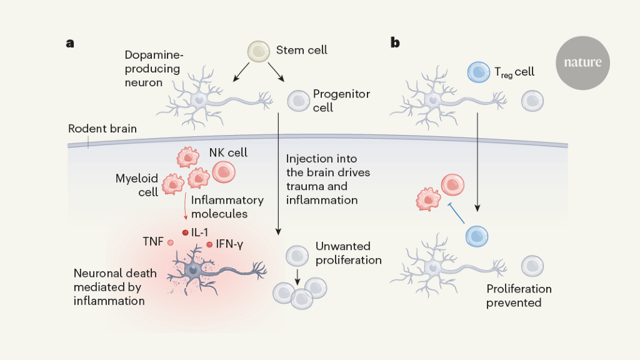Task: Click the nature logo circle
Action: click(582, 62)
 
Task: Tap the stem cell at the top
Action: click(259, 52)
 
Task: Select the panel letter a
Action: click(70, 43)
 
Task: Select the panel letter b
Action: click(396, 42)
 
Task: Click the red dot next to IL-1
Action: click(185, 232)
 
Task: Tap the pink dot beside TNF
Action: click(170, 242)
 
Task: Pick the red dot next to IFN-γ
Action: click(209, 244)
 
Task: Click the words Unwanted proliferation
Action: click(348, 253)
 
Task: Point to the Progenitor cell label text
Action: click(341, 101)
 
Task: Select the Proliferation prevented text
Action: click(519, 296)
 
